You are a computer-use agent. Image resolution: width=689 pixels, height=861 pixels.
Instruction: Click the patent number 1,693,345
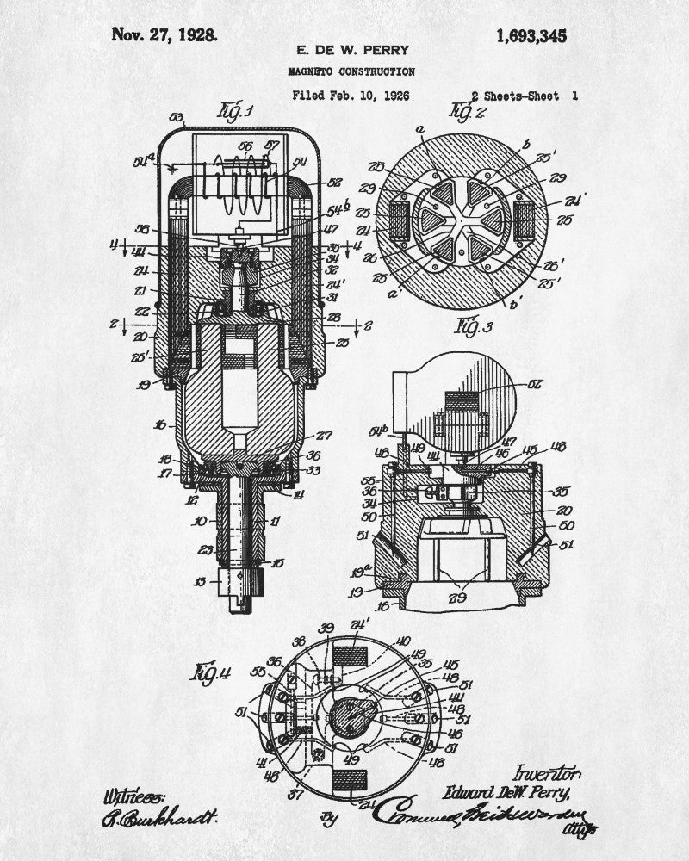click(531, 35)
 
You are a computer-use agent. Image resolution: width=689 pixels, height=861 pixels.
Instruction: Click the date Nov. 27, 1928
click(164, 35)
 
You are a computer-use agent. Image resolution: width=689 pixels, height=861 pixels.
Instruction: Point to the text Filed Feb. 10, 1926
click(351, 96)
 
